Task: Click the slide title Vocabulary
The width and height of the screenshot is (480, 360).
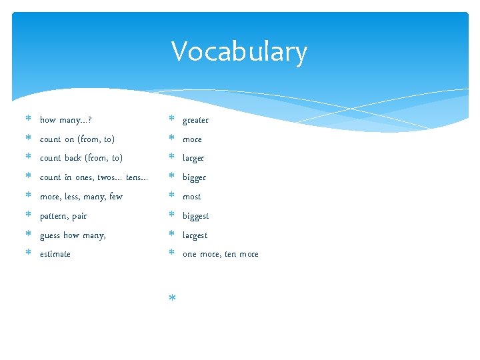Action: pos(239,52)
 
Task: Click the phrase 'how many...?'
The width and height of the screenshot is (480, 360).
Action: pos(66,120)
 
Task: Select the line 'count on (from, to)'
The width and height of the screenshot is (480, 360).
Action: pos(77,139)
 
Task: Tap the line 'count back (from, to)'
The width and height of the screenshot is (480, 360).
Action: pos(81,158)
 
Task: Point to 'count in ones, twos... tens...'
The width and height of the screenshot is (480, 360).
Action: pos(94,177)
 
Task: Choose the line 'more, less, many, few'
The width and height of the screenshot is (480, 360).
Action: pos(81,197)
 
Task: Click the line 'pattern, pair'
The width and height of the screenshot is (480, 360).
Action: pos(63,216)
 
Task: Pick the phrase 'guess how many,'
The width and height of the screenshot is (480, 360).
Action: pos(73,235)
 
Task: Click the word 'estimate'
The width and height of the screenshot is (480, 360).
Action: pos(55,254)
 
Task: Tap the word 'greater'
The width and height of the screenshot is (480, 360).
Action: pos(195,120)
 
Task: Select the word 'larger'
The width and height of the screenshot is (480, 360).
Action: pos(193,158)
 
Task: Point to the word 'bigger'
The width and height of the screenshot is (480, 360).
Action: pos(194,177)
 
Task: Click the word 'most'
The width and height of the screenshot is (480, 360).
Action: pos(191,197)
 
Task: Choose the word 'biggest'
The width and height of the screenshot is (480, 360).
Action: pos(195,216)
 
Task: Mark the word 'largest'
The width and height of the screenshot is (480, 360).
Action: pos(195,235)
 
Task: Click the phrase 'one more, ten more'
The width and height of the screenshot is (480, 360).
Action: pos(220,254)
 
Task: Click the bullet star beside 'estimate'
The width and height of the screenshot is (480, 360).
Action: pos(28,253)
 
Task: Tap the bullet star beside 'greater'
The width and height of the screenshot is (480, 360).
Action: pos(171,119)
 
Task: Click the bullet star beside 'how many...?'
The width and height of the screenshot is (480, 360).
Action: pos(28,119)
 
